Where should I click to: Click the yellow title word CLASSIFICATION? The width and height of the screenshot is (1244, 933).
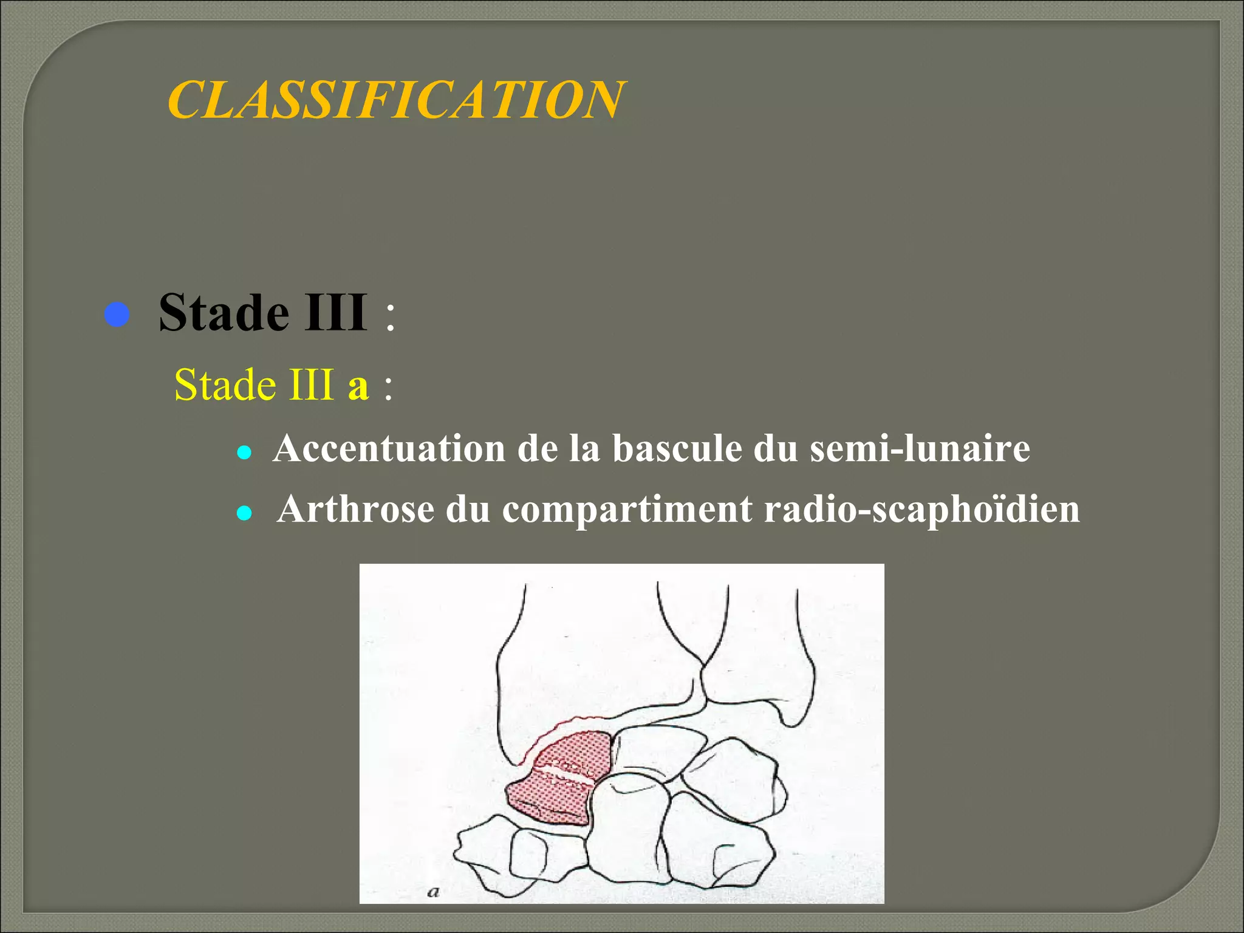(395, 100)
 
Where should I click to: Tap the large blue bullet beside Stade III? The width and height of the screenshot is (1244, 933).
(117, 315)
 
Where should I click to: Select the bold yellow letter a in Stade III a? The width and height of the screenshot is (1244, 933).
(358, 386)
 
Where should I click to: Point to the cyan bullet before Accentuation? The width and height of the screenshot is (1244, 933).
(244, 453)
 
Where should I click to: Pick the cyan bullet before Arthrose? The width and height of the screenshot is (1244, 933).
(244, 514)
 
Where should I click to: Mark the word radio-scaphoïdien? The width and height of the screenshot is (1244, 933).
(921, 509)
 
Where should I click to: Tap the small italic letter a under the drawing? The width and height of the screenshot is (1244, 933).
(433, 892)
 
